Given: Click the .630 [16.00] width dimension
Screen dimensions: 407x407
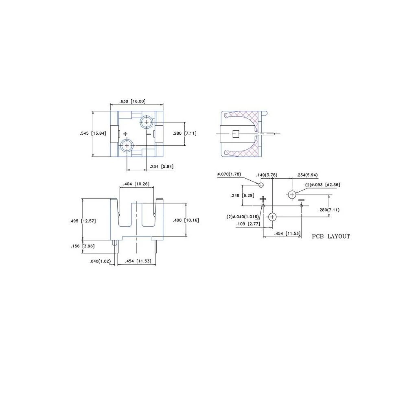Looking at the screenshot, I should pyautogui.click(x=132, y=101).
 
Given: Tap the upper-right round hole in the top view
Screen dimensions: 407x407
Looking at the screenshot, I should pyautogui.click(x=147, y=122).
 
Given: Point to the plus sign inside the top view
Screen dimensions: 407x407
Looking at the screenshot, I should pyautogui.click(x=125, y=133).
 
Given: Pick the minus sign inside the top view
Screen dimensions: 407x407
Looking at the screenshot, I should pyautogui.click(x=149, y=134).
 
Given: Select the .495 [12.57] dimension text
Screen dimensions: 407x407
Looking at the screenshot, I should pyautogui.click(x=83, y=221).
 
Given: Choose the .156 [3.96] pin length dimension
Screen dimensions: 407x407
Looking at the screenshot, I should pyautogui.click(x=83, y=246).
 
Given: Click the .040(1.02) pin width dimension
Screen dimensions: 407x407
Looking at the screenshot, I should pyautogui.click(x=100, y=261).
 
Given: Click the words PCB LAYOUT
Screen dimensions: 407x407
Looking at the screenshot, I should pyautogui.click(x=331, y=236).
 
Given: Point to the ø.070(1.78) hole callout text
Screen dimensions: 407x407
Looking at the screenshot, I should pyautogui.click(x=229, y=174).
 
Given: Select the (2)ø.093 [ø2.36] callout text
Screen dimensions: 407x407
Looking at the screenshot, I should pyautogui.click(x=323, y=184).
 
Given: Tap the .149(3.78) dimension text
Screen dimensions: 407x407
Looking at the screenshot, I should pyautogui.click(x=267, y=175).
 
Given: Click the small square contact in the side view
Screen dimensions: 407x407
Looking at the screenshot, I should pyautogui.click(x=235, y=134).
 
